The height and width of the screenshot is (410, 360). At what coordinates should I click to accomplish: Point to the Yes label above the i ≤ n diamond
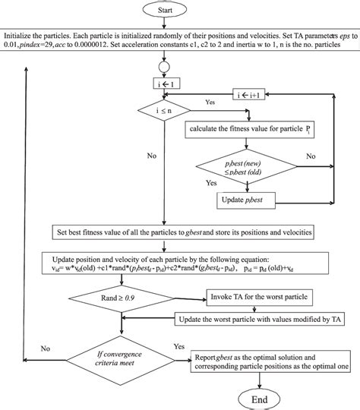click(x=211, y=101)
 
